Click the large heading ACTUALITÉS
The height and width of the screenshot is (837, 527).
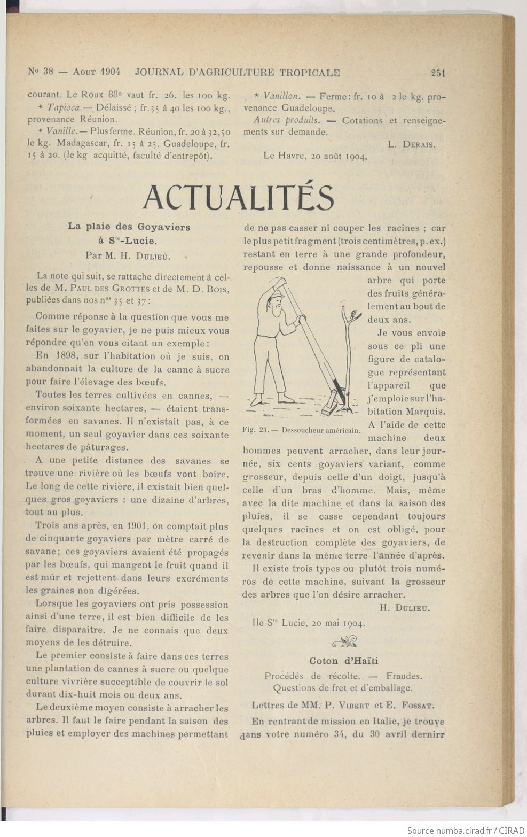click(238, 197)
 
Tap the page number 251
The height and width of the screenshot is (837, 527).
click(438, 73)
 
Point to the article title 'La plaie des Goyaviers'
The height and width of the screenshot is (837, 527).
click(129, 227)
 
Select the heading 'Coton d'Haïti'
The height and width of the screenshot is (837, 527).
click(344, 661)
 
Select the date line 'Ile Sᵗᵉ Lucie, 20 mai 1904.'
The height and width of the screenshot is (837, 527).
click(309, 623)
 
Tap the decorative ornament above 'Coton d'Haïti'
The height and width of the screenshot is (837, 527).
click(344, 641)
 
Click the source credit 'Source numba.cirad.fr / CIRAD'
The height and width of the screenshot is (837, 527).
click(464, 830)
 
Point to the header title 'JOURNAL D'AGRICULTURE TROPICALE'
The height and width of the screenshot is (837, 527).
click(238, 72)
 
